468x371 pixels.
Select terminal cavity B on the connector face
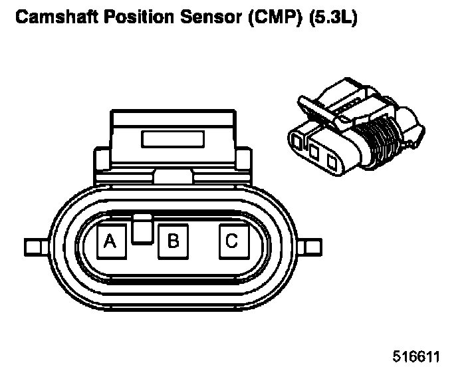point(173,241)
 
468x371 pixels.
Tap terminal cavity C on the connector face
point(232,241)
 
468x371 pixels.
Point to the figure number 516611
point(416,356)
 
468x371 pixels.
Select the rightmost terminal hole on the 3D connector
point(330,158)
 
